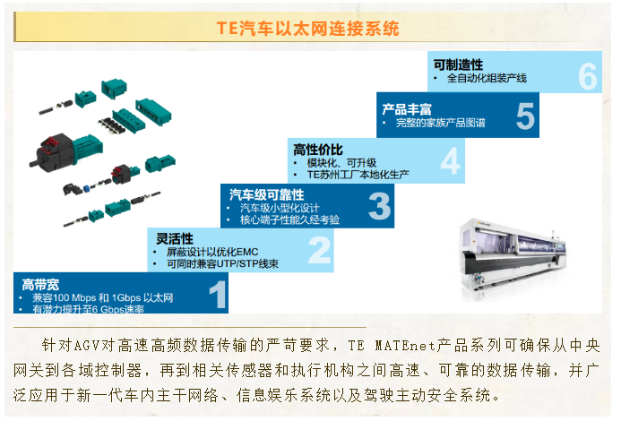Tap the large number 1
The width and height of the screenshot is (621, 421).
coord(217,295)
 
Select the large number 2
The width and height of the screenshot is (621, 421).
coord(320,251)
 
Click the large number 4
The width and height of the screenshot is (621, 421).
coord(450,162)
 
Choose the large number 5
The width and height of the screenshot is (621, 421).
coord(525,117)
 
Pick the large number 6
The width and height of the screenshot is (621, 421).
coord(587,76)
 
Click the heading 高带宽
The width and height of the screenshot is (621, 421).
coord(41,284)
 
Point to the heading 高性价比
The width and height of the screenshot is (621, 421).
coord(318,149)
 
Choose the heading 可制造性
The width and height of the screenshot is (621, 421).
coord(458,65)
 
